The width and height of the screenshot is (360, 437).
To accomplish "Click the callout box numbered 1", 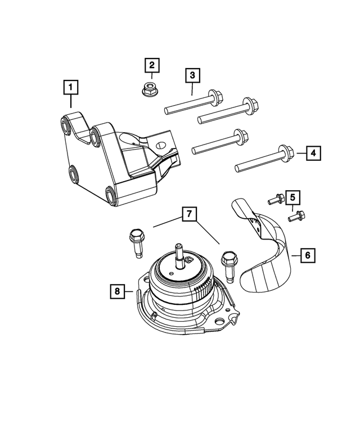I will (71, 88).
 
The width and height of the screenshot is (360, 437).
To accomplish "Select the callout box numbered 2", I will (151, 65).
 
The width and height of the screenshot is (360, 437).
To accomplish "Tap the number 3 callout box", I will (192, 75).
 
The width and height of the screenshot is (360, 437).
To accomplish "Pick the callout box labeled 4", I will (314, 152).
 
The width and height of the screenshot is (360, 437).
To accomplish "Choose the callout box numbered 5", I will (292, 197).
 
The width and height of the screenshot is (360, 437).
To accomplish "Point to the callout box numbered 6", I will (307, 255).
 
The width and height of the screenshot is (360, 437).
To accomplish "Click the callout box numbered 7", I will (190, 214).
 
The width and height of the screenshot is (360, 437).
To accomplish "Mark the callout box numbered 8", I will (118, 291).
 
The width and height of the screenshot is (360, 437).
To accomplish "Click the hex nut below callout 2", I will (150, 88).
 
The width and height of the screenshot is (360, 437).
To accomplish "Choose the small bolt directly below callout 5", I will (297, 215).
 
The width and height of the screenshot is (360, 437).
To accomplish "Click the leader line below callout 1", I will (71, 101).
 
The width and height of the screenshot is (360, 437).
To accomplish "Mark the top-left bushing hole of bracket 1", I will (64, 124).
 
